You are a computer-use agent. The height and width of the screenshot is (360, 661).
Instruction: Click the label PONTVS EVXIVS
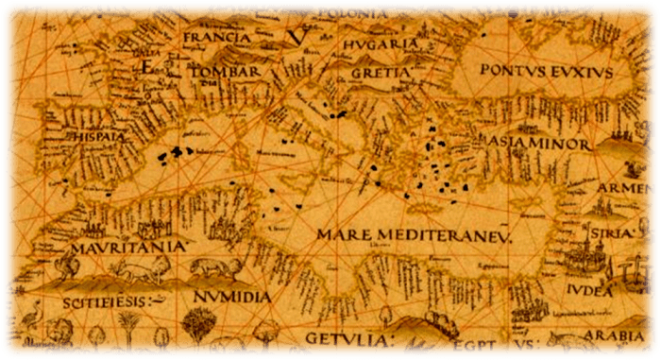click(547, 71)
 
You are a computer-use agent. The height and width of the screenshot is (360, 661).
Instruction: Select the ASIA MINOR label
click(538, 145)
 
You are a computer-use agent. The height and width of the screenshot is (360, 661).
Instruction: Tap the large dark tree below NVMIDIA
click(198, 327)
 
